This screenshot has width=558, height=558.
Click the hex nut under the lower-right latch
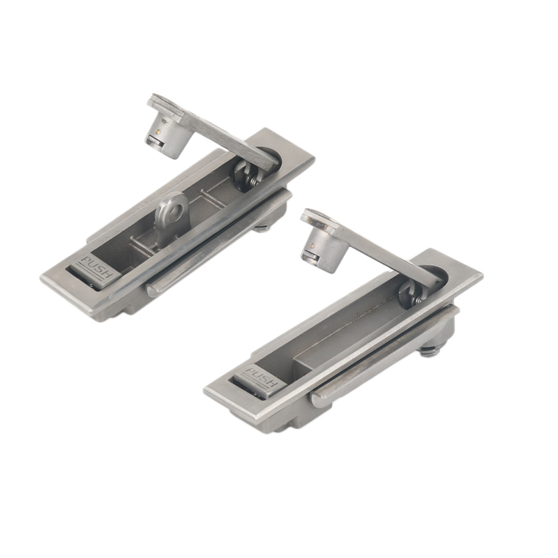tap(430, 349)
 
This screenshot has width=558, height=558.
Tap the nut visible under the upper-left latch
tap(264, 226)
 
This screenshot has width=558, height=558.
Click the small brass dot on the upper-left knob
tap(160, 130)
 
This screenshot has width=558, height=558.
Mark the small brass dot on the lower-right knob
tap(316, 246)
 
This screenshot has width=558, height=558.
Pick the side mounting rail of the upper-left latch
tap(216, 244)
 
